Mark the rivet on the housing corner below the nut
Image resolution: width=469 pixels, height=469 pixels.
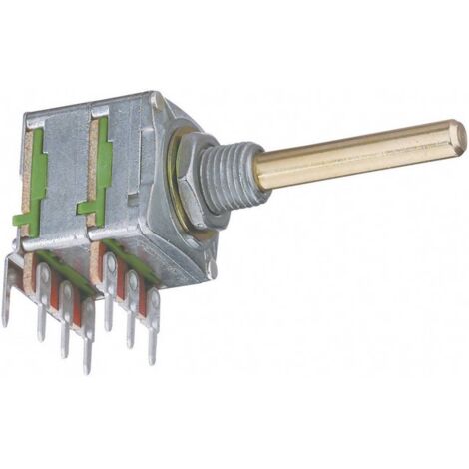[x=211, y=265]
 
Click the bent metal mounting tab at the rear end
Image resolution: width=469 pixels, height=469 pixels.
[x=10, y=289]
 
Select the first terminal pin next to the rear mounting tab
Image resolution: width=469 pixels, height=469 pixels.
[x=43, y=304]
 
